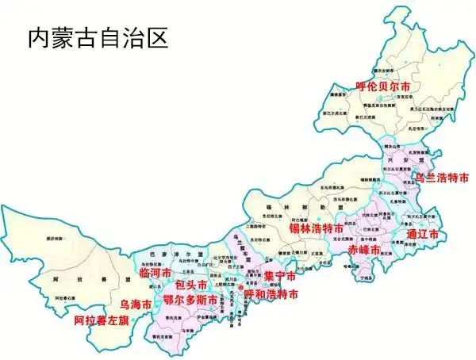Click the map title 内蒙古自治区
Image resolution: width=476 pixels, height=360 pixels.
[98, 36]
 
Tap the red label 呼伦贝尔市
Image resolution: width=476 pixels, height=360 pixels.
[383, 86]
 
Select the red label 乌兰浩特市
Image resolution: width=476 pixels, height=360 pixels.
[442, 177]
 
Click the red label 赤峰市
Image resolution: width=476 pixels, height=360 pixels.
[364, 249]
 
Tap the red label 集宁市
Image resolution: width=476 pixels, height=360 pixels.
[279, 277]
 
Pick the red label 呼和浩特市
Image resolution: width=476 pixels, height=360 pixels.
[271, 294]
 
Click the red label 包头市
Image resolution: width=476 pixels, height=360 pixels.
[191, 284]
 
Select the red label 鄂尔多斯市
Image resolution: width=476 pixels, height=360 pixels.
[190, 300]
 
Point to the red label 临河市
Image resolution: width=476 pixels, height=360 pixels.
[155, 273]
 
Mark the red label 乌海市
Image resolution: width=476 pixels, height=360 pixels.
[136, 304]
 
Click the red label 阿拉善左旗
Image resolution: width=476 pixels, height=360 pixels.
[101, 321]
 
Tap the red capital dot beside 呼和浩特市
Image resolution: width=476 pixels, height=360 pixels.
[252, 287]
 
